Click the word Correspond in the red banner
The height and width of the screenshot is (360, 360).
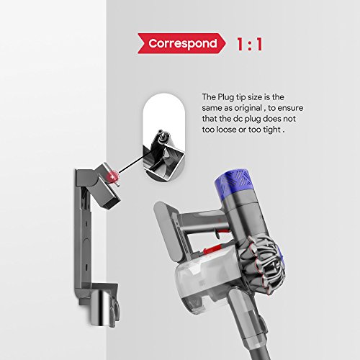[x=183, y=43]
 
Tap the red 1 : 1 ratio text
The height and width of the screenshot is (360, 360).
[x=249, y=44]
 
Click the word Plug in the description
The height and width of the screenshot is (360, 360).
[x=225, y=97]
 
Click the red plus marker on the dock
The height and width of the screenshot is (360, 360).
[x=112, y=176]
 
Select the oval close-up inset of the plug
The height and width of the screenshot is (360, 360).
[x=164, y=137]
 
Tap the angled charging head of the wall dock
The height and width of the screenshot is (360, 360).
[x=106, y=186]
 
